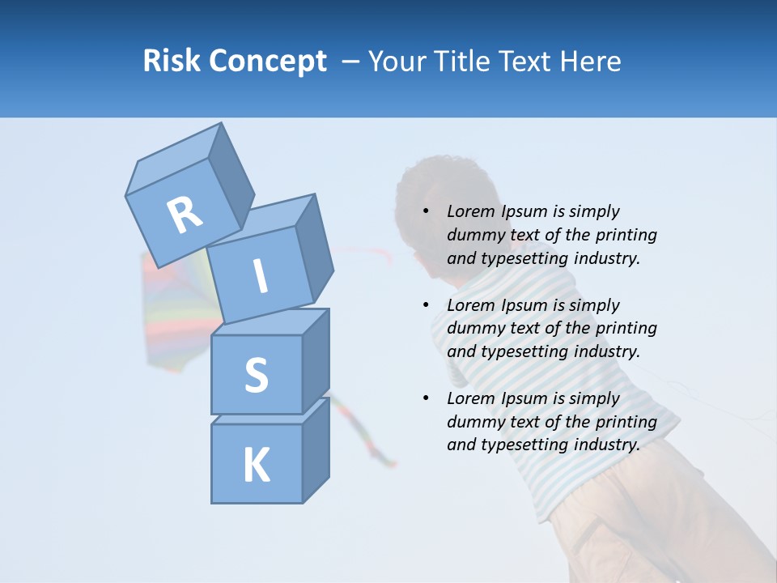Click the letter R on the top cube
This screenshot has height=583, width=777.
point(185,215)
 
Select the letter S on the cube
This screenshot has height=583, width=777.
point(256,375)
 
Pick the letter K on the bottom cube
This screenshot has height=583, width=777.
point(256,466)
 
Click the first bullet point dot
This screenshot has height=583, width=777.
point(427,212)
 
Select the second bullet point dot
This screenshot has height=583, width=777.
point(427,306)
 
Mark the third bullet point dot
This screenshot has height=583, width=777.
point(427,399)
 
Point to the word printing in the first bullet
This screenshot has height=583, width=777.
point(626,236)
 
